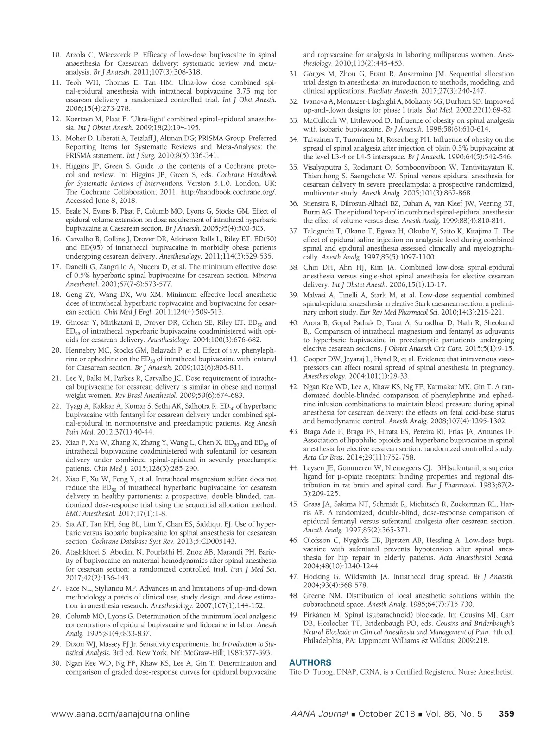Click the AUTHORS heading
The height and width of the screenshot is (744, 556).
click(x=310, y=663)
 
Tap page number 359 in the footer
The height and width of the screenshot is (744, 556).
click(x=506, y=714)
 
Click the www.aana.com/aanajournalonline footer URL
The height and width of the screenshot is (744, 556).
click(x=120, y=714)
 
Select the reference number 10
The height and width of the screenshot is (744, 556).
click(x=56, y=55)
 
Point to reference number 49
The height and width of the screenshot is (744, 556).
click(x=294, y=615)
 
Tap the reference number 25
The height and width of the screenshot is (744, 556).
click(x=56, y=524)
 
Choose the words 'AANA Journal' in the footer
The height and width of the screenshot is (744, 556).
click(x=319, y=714)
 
